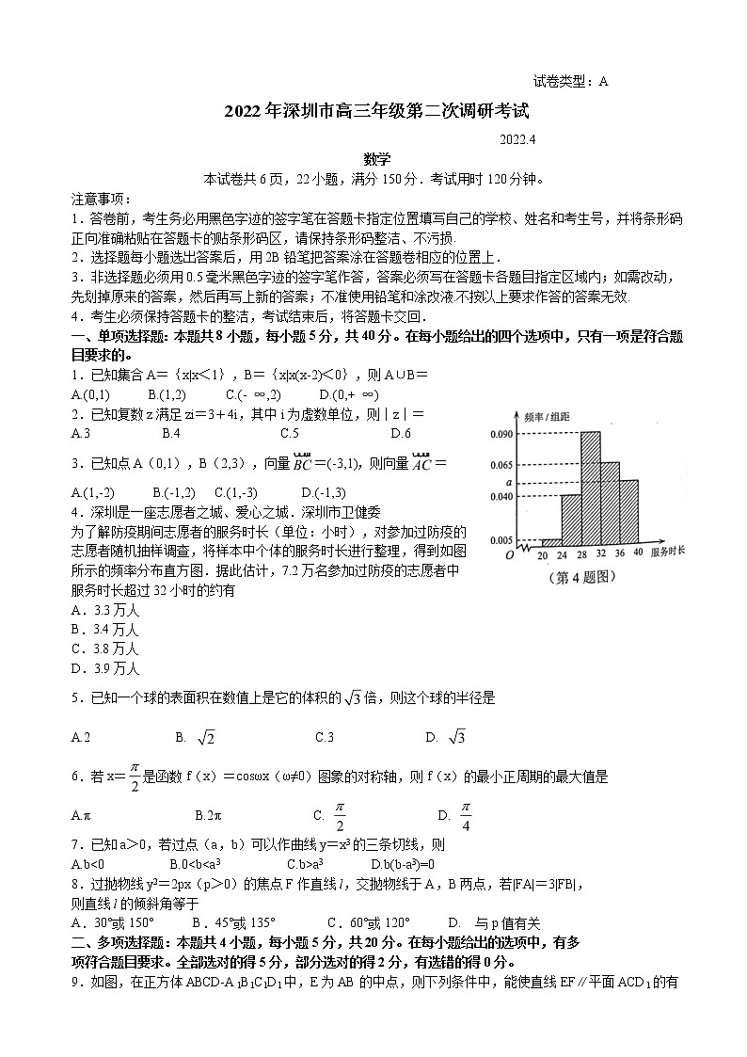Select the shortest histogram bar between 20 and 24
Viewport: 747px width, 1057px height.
pos(551,542)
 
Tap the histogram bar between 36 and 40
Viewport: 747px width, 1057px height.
pos(629,513)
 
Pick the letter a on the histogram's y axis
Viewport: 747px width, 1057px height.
pos(508,481)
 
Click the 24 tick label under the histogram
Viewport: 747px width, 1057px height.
pos(562,553)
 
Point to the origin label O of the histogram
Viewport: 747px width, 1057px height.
pos(509,554)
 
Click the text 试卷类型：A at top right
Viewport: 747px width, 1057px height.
pos(570,81)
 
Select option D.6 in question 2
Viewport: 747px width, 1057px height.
pos(401,434)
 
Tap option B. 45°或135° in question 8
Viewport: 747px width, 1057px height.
pos(233,923)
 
